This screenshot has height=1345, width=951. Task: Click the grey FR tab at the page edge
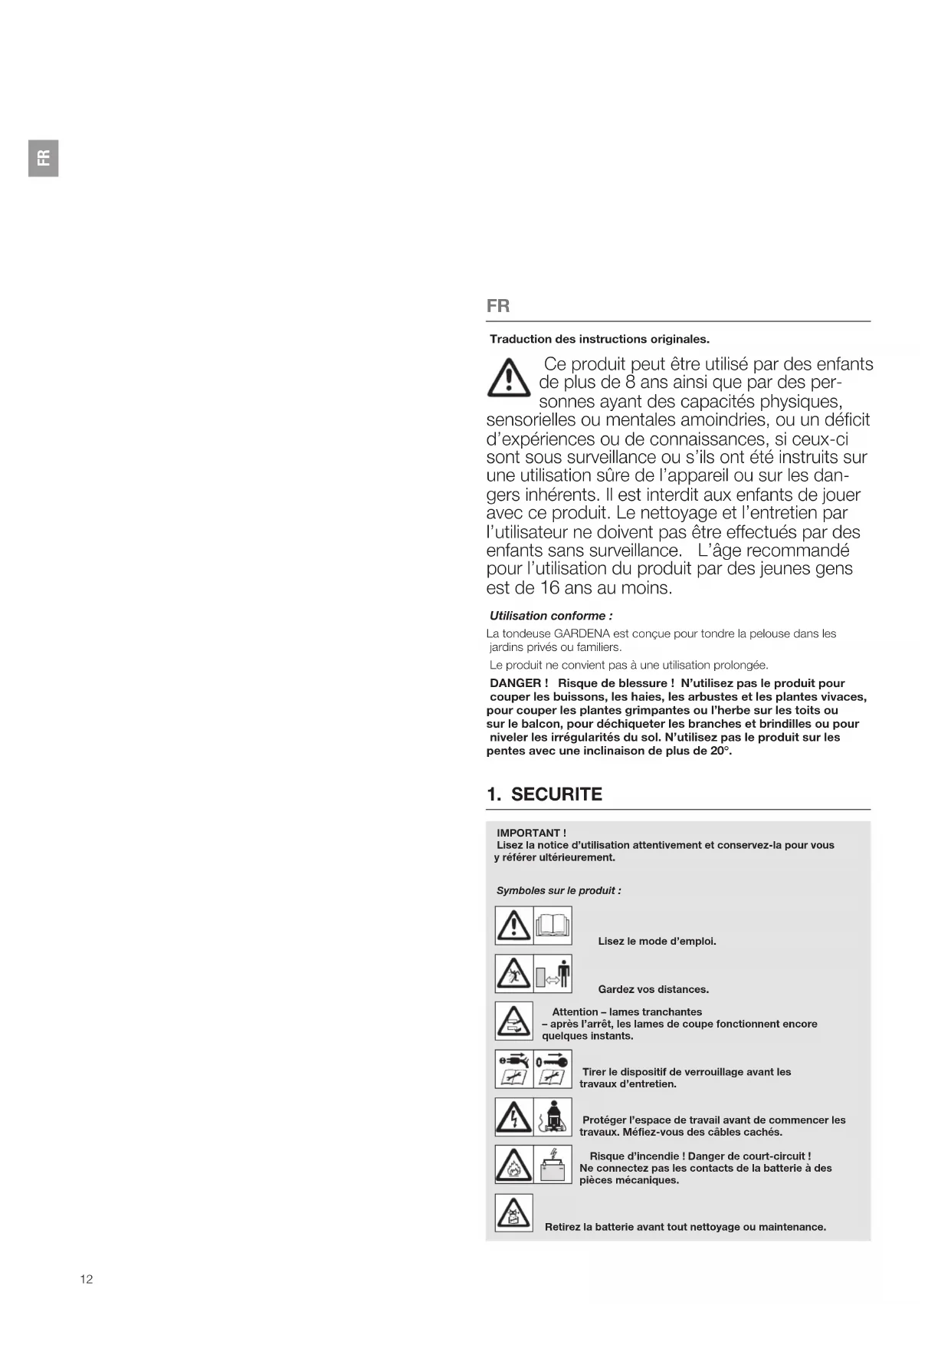pyautogui.click(x=44, y=158)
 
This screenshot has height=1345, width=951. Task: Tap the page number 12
pyautogui.click(x=87, y=1278)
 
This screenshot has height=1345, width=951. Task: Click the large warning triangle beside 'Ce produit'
pyautogui.click(x=508, y=378)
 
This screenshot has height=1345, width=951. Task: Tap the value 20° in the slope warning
pyautogui.click(x=719, y=751)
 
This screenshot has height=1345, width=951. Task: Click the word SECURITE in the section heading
pyautogui.click(x=556, y=794)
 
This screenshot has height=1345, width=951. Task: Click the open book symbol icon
pyautogui.click(x=553, y=926)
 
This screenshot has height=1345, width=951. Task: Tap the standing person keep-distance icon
pyautogui.click(x=563, y=974)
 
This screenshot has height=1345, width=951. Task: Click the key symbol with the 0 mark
pyautogui.click(x=553, y=1061)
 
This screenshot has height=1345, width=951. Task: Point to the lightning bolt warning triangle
pyautogui.click(x=513, y=1117)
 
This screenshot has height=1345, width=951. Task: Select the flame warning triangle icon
pyautogui.click(x=513, y=1165)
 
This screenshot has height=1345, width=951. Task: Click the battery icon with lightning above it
pyautogui.click(x=553, y=1165)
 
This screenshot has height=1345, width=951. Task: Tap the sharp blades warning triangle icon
pyautogui.click(x=513, y=1021)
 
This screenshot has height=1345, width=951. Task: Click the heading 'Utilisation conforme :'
pyautogui.click(x=551, y=616)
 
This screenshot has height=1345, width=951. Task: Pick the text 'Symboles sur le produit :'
pyautogui.click(x=559, y=890)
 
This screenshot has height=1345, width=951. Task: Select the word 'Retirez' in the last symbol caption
pyautogui.click(x=563, y=1227)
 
